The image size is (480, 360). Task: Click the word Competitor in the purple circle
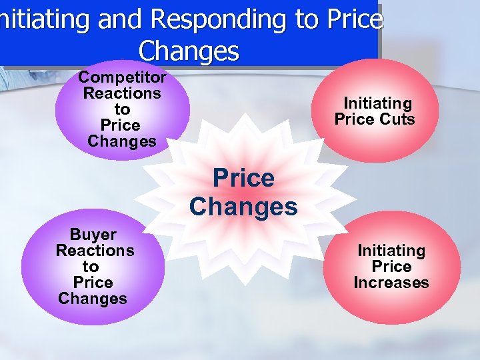tap(123, 77)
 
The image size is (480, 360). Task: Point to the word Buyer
tap(93, 235)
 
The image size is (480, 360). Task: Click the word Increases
tap(391, 283)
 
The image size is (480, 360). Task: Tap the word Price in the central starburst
tap(243, 178)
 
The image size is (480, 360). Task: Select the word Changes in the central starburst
tap(243, 207)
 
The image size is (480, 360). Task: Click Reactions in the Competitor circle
tap(122, 93)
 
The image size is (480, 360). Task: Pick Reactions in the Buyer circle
tap(95, 251)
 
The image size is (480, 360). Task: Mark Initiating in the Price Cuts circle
tap(377, 103)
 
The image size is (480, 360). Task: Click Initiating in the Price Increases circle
tap(391, 251)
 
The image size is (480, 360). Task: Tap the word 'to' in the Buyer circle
tap(91, 267)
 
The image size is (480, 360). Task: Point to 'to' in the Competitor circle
tap(122, 109)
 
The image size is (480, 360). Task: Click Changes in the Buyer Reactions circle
tap(93, 298)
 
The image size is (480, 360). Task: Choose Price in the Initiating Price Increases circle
tap(391, 267)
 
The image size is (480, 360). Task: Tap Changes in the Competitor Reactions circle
tap(122, 141)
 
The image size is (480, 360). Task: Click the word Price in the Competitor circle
tap(120, 125)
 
